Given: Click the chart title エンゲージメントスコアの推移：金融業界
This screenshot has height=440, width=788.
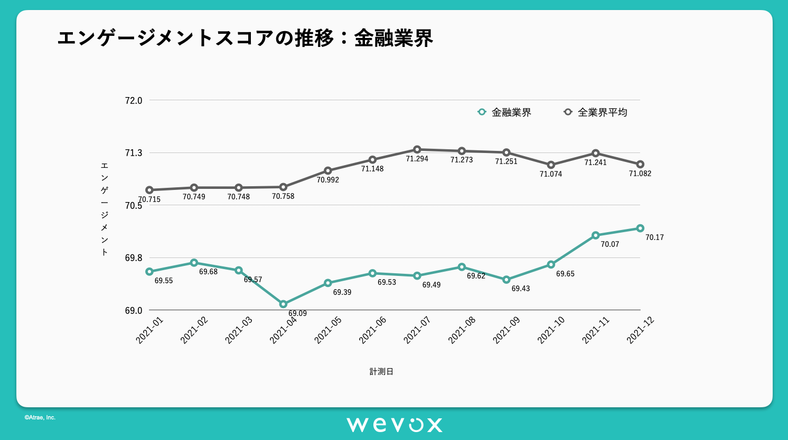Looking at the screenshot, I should [245, 38].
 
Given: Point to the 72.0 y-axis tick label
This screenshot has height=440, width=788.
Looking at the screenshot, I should [134, 101].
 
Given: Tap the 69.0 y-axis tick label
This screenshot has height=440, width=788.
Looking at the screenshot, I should [134, 311].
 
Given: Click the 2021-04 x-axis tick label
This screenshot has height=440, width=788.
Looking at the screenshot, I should [284, 330].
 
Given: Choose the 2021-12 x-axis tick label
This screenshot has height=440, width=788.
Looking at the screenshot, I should [640, 330].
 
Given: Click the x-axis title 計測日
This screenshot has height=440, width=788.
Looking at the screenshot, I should [381, 371].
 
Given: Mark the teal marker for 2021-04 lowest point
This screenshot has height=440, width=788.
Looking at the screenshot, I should [283, 304].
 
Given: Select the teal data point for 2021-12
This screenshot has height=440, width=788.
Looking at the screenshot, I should [640, 228].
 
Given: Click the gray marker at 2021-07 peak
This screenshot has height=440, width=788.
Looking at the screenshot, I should [417, 149].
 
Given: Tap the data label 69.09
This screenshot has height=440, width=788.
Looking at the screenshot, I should [297, 313].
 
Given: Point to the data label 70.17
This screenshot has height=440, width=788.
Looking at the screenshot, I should [654, 237].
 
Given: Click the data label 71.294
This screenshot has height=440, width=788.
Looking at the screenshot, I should [417, 159].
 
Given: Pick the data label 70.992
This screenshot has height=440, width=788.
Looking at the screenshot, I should [328, 180].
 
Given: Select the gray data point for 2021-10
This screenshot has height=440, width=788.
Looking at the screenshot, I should [551, 165].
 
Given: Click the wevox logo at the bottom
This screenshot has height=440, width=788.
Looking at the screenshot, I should [394, 425].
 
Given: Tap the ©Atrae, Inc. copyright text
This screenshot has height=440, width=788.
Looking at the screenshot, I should [40, 417].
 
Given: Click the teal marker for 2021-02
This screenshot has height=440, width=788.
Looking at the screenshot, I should [194, 263].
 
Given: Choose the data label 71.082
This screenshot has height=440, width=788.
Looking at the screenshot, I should [640, 174].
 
